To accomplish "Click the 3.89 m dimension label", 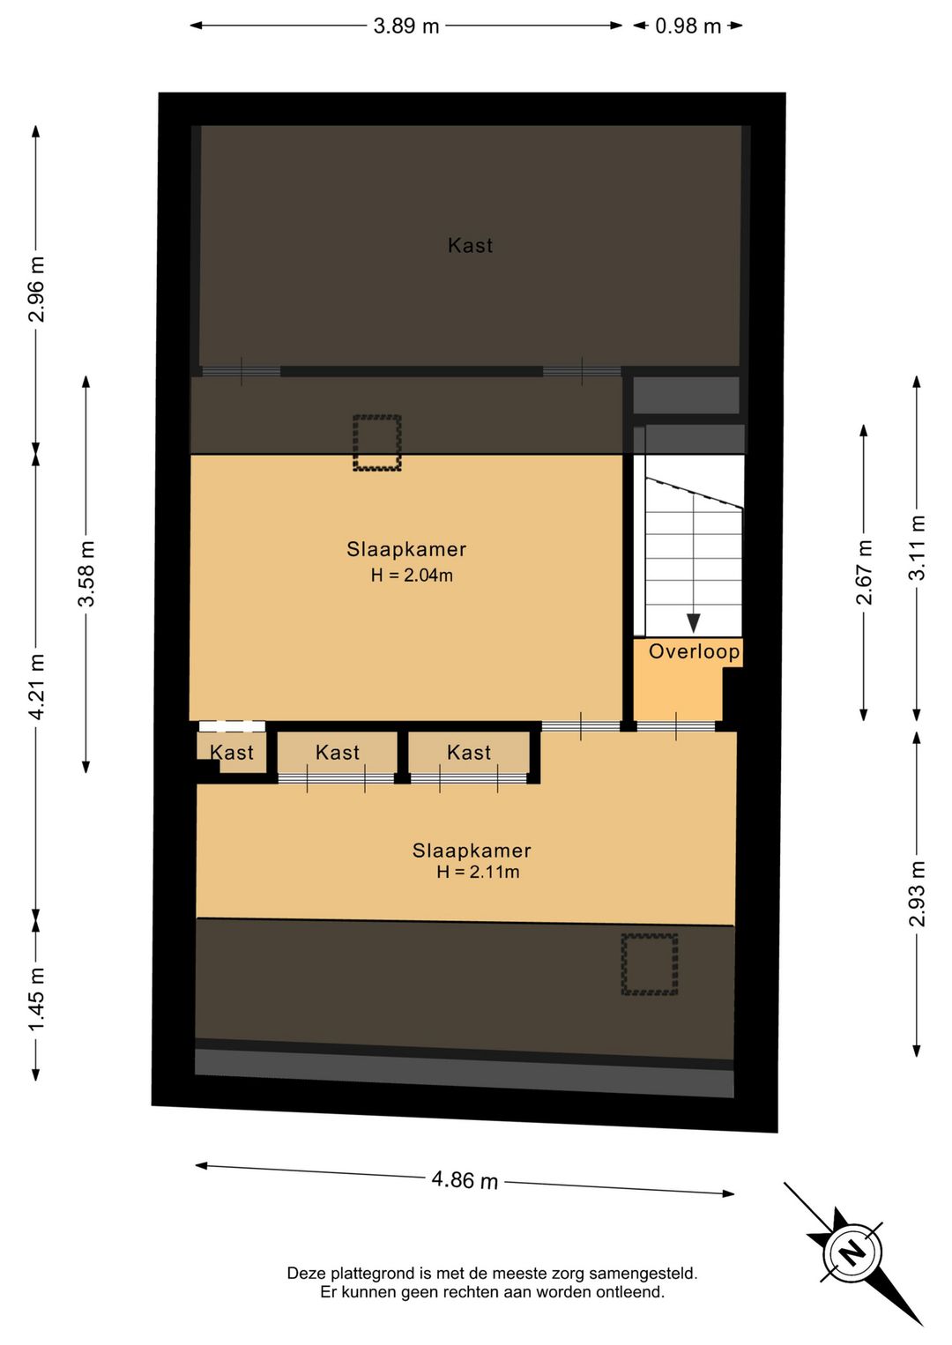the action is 406,26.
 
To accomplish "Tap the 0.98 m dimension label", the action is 688,26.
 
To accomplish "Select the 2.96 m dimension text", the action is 37,289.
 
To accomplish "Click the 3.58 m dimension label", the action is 86,574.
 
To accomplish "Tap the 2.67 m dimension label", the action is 864,572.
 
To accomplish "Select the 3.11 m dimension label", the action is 917,547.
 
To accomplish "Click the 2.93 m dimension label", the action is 917,894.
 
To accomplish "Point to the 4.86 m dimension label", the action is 465,1180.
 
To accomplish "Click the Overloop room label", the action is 695,651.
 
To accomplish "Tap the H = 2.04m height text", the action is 412,576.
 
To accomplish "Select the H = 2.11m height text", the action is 478,872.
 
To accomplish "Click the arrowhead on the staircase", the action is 694,623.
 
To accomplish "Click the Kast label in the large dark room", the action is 471,245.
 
